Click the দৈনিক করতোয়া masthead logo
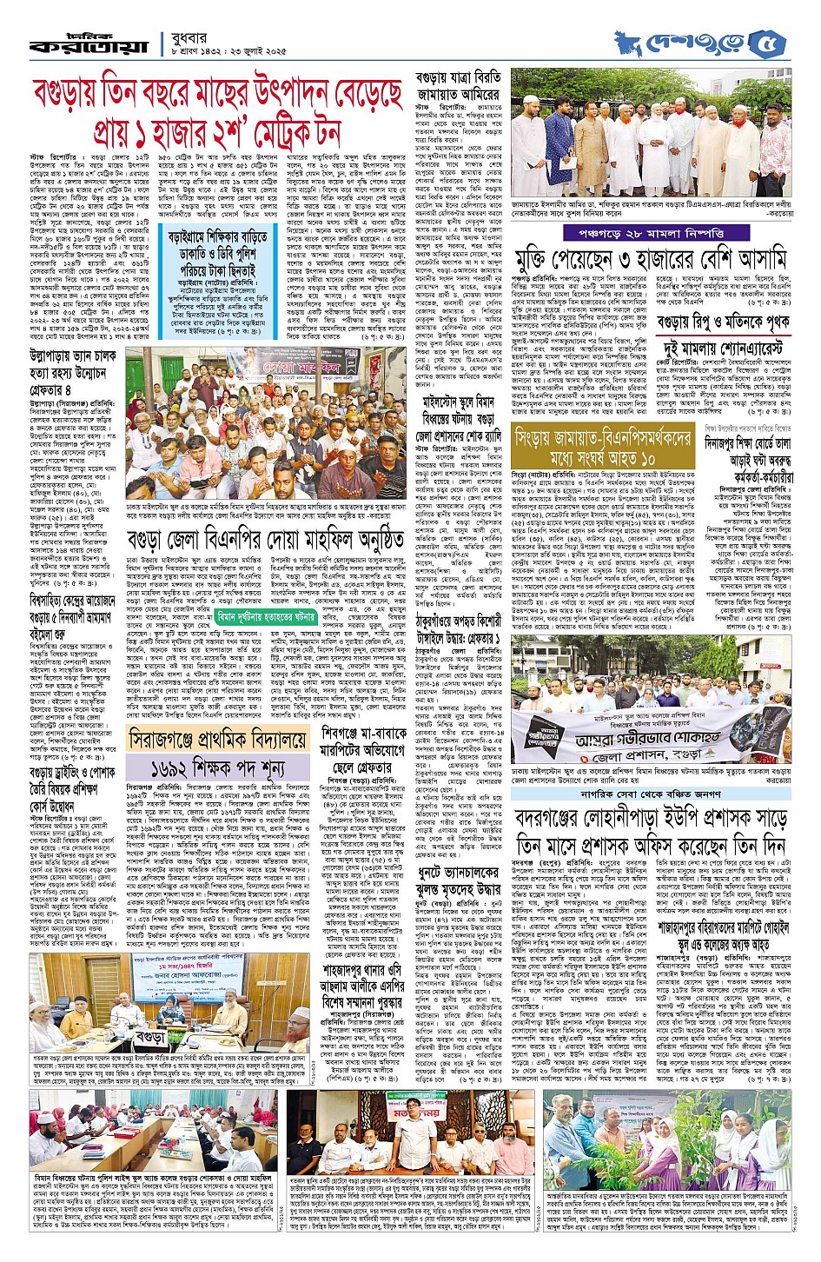coord(88,43)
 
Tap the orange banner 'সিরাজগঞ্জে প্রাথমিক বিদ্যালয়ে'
coord(218,739)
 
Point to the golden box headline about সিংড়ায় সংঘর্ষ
coord(602,446)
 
